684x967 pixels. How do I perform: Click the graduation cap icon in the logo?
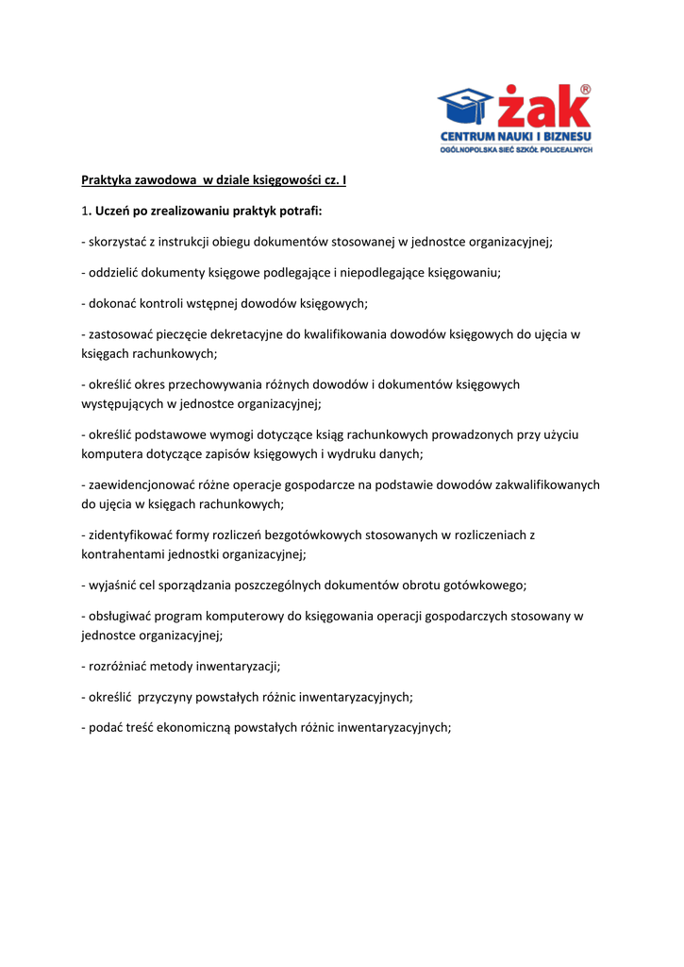point(465,108)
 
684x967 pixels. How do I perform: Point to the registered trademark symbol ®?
point(586,90)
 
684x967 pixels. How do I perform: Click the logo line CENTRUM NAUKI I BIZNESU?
point(516,138)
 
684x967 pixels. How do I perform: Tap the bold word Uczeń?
point(114,210)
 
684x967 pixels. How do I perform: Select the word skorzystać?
point(121,241)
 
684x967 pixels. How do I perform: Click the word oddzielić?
point(117,272)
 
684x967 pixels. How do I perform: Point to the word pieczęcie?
point(178,334)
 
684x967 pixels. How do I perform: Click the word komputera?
point(113,453)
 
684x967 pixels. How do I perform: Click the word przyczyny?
point(169,697)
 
